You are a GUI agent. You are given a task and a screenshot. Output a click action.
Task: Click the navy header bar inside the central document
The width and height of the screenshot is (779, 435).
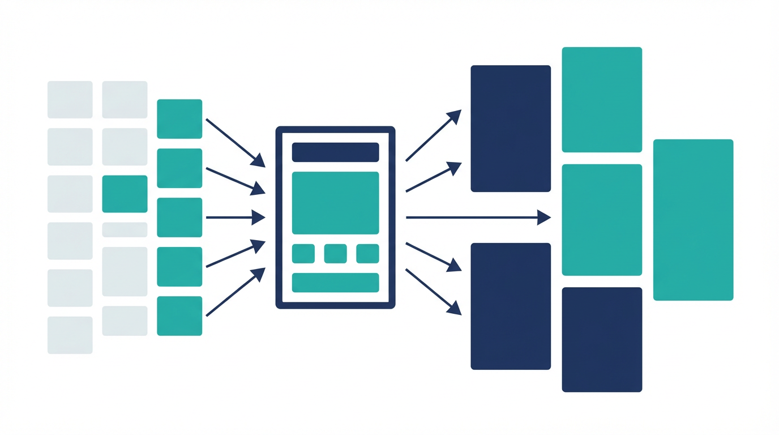(335, 152)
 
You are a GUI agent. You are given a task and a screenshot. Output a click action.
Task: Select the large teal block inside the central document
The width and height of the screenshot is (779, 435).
(335, 203)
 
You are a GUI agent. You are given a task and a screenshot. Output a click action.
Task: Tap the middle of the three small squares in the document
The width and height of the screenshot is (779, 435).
(335, 254)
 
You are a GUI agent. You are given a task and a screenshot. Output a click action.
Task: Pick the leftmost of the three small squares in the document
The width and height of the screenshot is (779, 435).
(303, 254)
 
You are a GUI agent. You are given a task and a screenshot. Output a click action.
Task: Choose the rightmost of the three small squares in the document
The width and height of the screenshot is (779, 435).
(367, 254)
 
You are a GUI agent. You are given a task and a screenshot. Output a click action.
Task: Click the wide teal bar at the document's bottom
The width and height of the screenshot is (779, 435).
(335, 283)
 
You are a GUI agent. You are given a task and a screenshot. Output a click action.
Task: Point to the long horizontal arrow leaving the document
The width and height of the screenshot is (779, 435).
(476, 217)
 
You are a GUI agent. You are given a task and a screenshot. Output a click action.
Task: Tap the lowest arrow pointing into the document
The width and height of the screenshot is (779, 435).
(235, 292)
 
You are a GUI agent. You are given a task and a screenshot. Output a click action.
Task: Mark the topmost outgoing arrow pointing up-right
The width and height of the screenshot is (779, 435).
(433, 136)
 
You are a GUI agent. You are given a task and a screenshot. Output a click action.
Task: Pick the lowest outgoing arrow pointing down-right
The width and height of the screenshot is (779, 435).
(433, 292)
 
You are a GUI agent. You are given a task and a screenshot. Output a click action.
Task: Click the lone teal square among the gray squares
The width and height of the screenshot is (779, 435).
(125, 194)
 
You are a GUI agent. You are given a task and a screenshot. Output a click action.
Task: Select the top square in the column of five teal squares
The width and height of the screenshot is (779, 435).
(179, 119)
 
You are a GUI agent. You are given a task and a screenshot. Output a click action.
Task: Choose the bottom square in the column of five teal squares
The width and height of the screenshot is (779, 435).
(179, 316)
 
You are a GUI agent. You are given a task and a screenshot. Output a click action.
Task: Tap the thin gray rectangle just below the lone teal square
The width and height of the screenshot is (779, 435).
(125, 229)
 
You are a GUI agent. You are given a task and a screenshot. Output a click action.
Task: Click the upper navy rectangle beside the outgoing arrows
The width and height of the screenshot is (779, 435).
(511, 129)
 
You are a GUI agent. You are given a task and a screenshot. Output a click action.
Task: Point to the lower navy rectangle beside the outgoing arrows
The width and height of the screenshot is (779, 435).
(511, 306)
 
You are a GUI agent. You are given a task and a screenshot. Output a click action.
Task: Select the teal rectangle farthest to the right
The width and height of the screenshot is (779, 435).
(693, 220)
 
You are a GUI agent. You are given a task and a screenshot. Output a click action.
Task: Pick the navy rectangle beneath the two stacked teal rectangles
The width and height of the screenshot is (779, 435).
(602, 340)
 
